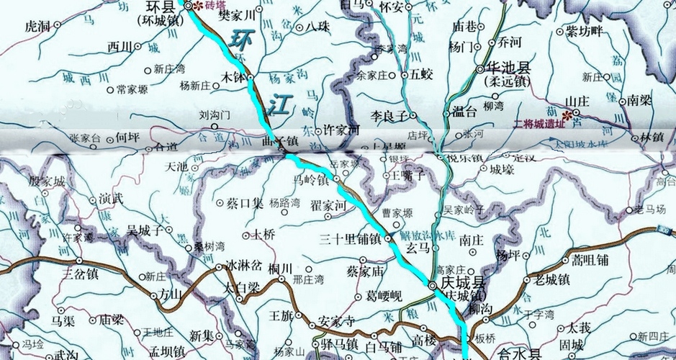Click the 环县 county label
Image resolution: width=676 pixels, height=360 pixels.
click(x=160, y=7)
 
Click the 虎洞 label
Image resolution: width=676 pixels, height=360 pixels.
click(x=37, y=27)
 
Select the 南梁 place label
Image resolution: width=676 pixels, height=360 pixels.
click(x=641, y=99)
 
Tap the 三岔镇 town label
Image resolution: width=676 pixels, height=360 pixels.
click(x=81, y=274)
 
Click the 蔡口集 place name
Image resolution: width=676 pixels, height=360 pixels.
click(x=245, y=204)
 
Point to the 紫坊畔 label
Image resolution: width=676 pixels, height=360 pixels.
click(x=584, y=31)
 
